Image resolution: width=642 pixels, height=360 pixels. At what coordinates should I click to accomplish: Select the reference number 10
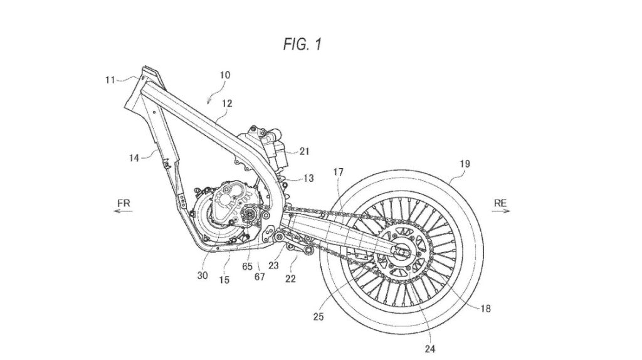224,75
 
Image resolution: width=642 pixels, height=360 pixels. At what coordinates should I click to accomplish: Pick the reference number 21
305,151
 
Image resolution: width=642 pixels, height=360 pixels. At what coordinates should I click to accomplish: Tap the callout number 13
308,179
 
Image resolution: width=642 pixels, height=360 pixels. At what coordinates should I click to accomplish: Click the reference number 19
465,163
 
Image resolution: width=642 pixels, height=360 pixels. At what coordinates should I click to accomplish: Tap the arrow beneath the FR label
123,212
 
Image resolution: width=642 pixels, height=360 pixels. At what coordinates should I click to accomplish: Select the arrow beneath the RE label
500,212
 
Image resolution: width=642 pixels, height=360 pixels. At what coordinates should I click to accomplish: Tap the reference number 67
260,277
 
